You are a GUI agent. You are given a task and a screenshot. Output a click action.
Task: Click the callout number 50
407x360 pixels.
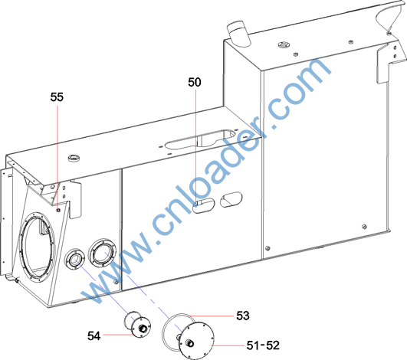[195, 82]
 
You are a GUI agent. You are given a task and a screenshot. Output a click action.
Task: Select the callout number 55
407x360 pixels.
[57, 97]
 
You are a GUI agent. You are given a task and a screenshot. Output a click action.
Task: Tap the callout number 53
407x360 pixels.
[243, 316]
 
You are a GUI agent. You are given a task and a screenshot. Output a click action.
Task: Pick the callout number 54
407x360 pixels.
[94, 336]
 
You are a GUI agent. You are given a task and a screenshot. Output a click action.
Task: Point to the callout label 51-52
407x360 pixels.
[263, 345]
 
